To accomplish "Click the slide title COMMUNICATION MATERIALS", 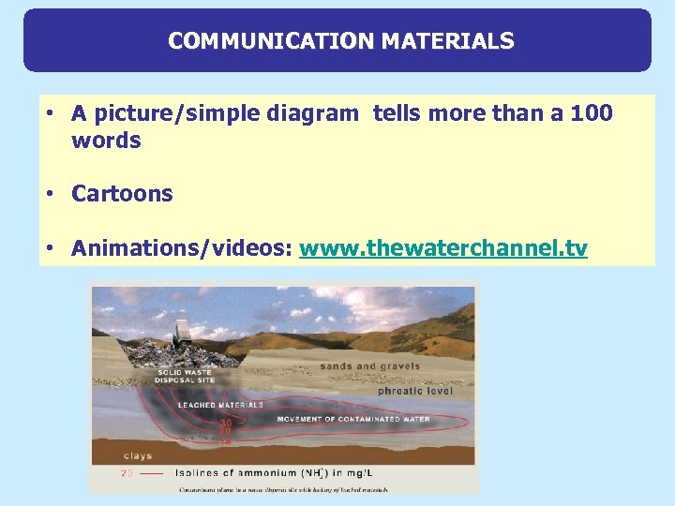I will tap(340, 41).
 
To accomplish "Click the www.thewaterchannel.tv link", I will tap(442, 248).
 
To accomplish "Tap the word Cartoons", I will tap(122, 194).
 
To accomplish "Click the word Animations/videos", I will tap(182, 248).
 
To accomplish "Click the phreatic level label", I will tap(414, 391).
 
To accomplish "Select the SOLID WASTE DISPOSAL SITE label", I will tap(186, 377).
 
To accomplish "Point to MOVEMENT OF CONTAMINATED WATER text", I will tap(352, 419).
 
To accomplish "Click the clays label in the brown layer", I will tap(137, 456).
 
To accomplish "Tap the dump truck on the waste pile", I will tap(181, 329).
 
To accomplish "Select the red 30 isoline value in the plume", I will tap(226, 424).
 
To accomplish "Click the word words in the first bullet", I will tap(105, 141).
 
